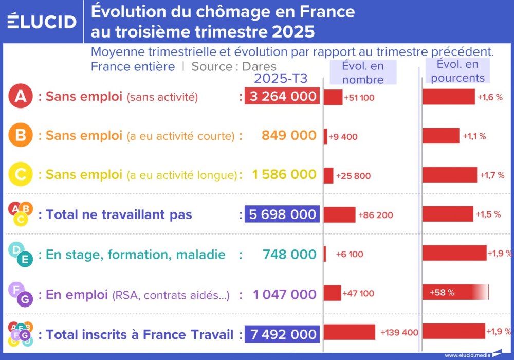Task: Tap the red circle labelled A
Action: [21, 97]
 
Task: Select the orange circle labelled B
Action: [21, 136]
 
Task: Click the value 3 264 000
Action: [282, 97]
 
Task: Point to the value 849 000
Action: [289, 136]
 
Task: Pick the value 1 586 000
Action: [284, 175]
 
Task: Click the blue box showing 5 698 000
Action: [282, 214]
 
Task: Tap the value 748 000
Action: [289, 254]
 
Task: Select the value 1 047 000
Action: [284, 294]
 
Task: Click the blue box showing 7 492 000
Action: [282, 334]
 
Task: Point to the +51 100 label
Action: [359, 98]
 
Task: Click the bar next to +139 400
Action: [350, 332]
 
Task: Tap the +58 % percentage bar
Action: [455, 292]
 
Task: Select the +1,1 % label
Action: [474, 136]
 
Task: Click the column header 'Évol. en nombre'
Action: [363, 73]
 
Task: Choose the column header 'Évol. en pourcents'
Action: [457, 71]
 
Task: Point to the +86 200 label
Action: [375, 215]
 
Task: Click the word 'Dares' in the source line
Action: [259, 66]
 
